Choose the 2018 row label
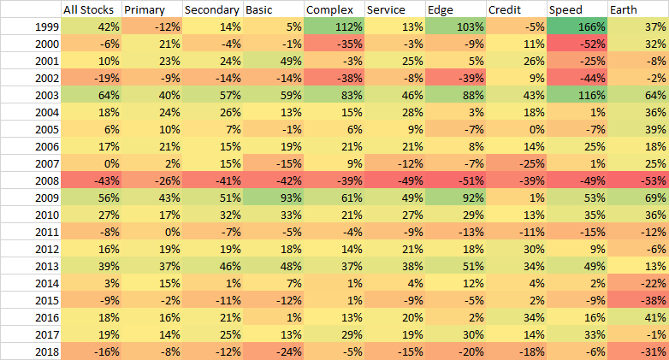point(30,351)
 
